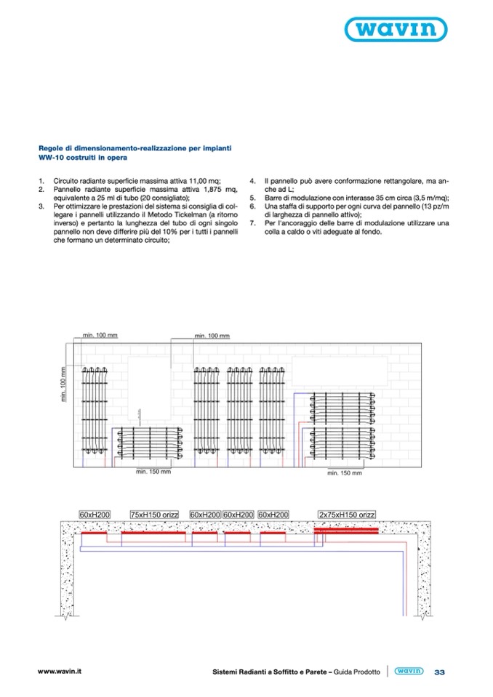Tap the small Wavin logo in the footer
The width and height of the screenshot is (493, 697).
pyautogui.click(x=409, y=672)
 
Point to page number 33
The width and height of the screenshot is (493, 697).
pyautogui.click(x=440, y=672)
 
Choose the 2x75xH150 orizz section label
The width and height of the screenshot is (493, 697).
pyautogui.click(x=347, y=514)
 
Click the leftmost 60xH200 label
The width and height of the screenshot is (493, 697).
pyautogui.click(x=95, y=514)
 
